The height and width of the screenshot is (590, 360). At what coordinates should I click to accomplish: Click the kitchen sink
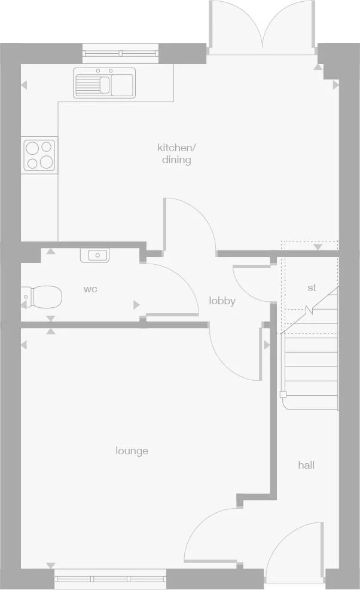click(x=105, y=82)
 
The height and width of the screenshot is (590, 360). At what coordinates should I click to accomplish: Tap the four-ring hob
click(x=40, y=154)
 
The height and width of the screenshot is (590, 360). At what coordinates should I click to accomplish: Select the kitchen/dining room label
click(x=176, y=154)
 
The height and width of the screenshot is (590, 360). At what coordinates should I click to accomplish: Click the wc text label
click(x=90, y=289)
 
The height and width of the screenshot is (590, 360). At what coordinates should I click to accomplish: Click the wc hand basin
click(x=94, y=256)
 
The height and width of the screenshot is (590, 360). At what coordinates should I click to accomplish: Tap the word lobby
click(x=222, y=301)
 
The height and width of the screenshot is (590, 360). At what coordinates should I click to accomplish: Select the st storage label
click(x=312, y=288)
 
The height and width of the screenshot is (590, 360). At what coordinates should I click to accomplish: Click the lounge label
click(x=132, y=451)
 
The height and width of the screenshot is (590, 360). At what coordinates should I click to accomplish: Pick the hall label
click(x=306, y=464)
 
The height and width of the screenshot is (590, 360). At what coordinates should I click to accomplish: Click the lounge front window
click(x=110, y=576)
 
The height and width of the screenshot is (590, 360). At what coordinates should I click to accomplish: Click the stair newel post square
click(x=283, y=394)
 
